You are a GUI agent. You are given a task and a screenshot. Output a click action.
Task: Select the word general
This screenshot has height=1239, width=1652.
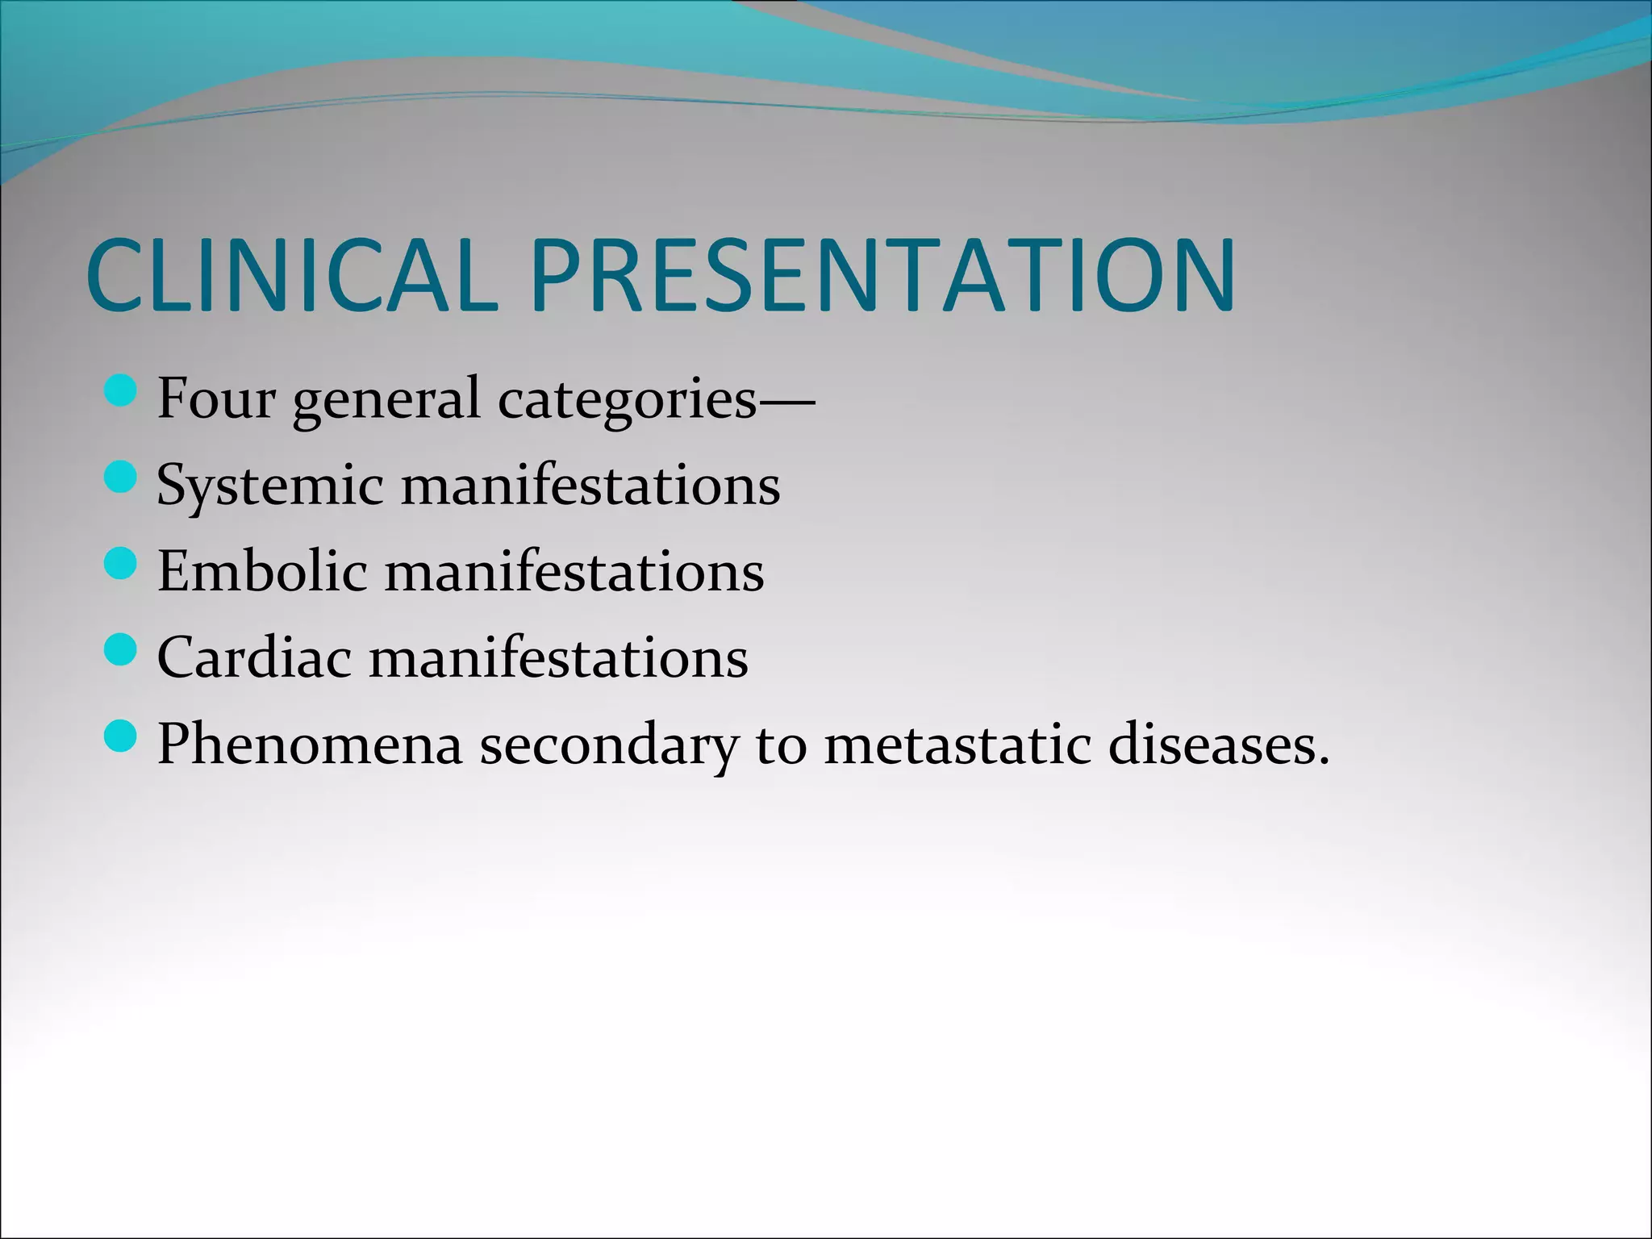[x=386, y=401]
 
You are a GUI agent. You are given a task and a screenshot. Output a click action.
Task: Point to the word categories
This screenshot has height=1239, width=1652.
[x=628, y=401]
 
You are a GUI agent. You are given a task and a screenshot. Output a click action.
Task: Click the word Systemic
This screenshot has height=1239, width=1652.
[x=269, y=486]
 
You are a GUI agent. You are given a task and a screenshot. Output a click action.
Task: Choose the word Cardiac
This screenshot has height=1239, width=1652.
[x=254, y=657]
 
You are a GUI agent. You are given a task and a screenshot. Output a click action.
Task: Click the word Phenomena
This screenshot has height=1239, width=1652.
[x=310, y=744]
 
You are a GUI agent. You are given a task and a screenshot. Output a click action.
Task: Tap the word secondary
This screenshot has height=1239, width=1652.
[x=608, y=745]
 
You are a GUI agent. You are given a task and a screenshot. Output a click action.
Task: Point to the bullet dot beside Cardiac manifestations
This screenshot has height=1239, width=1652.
[x=121, y=650]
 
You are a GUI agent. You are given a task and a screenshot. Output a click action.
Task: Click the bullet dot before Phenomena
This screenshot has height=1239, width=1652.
[x=121, y=736]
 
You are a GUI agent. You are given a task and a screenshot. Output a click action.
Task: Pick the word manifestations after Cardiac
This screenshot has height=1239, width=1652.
[x=558, y=657]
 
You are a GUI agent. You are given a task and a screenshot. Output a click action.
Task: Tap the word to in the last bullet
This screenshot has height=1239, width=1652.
[x=781, y=745]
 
